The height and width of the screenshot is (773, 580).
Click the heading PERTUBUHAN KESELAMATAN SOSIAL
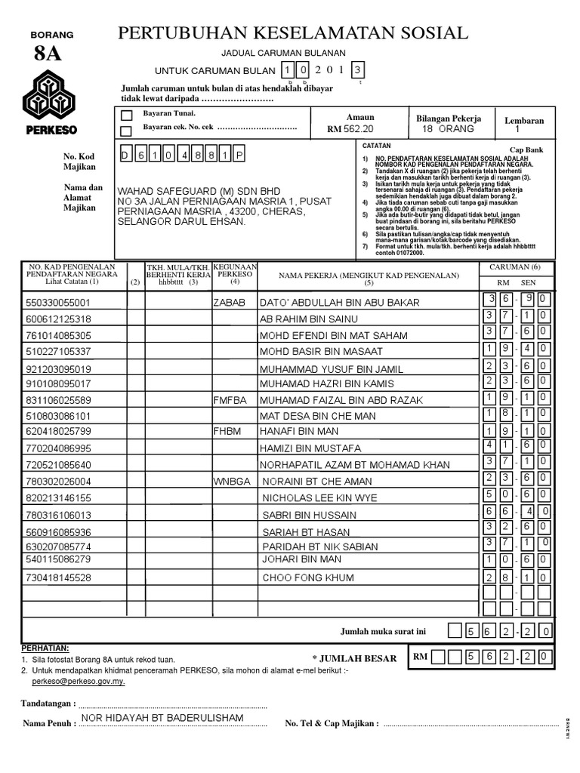point(293,32)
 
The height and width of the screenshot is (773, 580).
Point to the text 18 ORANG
point(449,129)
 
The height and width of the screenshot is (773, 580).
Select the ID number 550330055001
point(59,303)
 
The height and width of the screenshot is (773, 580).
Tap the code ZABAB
point(230,303)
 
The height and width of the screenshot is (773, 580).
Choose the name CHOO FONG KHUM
point(307,577)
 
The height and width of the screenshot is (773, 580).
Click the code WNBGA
point(231,481)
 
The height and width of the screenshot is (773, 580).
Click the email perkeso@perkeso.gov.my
point(79,680)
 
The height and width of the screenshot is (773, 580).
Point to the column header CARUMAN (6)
point(515,267)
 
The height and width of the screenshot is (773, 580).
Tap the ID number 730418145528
point(58,577)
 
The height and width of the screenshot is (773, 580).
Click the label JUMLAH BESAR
point(354,658)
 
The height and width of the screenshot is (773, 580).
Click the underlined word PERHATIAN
point(45,648)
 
